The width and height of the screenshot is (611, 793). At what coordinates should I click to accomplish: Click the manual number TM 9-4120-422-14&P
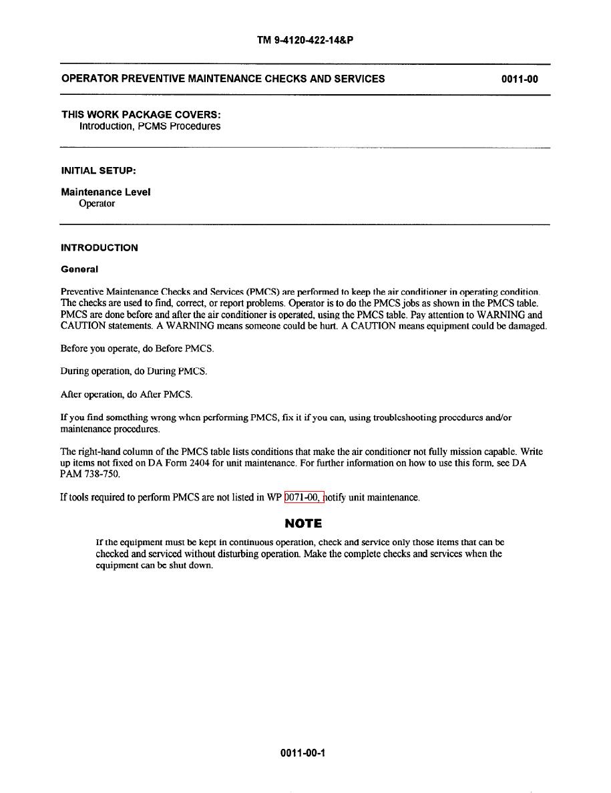click(x=305, y=40)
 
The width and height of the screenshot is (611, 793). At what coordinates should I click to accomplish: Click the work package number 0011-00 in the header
click(x=520, y=79)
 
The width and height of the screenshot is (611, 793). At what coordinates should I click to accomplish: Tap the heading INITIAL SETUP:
click(x=98, y=171)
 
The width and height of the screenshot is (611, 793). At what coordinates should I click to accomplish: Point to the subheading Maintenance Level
click(x=106, y=192)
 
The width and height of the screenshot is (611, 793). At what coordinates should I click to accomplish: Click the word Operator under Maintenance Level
click(x=97, y=204)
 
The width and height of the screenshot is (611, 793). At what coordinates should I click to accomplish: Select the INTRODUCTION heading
click(x=99, y=248)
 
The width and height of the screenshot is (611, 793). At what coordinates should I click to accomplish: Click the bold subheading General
click(x=79, y=269)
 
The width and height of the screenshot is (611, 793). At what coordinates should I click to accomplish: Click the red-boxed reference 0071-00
click(x=304, y=497)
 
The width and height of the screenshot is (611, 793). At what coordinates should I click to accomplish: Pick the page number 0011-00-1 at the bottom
click(x=303, y=754)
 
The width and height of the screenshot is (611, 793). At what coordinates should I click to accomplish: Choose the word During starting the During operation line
click(x=74, y=371)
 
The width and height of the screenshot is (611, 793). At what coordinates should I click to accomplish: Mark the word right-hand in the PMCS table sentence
click(x=101, y=452)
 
